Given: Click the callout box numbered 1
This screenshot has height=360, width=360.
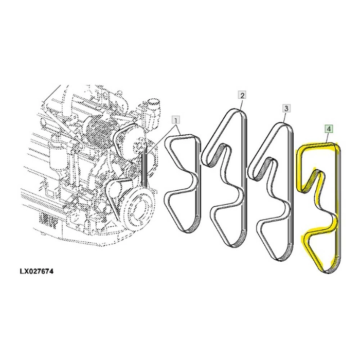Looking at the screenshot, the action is (x=176, y=120).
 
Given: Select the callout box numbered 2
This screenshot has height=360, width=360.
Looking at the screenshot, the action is (x=242, y=95).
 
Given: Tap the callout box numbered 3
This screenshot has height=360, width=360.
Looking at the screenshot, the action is (x=286, y=108).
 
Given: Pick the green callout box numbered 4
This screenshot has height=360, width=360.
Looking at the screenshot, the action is (x=329, y=129).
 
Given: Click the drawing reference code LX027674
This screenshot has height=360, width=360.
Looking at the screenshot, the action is (x=37, y=272).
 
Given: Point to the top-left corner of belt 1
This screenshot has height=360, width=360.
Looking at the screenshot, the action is (x=168, y=139).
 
